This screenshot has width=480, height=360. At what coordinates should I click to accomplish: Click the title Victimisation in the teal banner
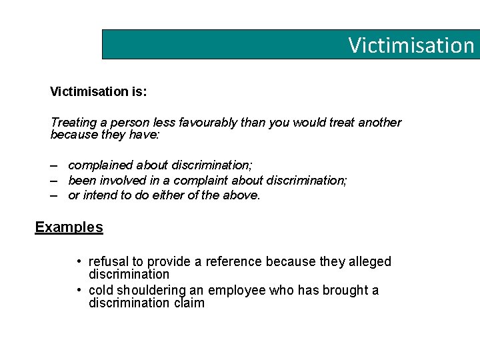411,45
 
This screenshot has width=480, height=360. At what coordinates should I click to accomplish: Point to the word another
379,123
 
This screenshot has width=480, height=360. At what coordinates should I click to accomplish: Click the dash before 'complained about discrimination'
53,164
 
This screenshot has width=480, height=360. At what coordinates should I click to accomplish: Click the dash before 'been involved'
53,180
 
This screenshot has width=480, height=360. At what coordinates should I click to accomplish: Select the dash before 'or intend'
53,195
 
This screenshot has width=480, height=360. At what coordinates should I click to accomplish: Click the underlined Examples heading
69,227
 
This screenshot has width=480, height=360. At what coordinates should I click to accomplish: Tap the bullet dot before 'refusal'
79,261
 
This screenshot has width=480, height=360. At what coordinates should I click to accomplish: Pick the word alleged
369,261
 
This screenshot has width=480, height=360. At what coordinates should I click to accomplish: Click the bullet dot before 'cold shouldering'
79,290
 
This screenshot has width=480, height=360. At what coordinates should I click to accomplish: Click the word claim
189,303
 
